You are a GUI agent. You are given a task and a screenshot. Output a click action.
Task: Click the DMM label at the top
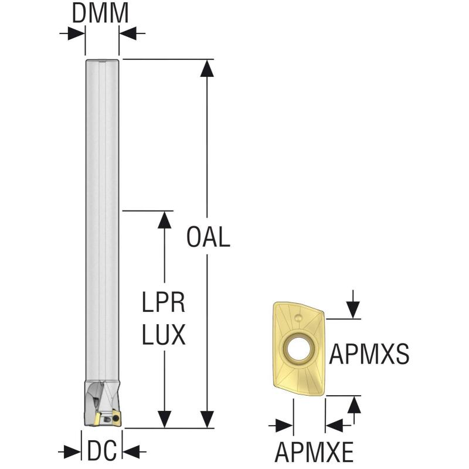[x=100, y=14]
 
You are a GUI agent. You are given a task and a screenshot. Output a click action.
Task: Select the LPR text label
[x=164, y=303]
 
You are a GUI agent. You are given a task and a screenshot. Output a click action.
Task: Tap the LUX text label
[x=164, y=335]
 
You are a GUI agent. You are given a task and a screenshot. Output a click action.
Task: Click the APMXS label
[x=369, y=354]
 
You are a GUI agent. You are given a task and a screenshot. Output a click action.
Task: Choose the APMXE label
[x=314, y=452]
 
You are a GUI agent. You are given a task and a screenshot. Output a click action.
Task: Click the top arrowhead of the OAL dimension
[x=206, y=68]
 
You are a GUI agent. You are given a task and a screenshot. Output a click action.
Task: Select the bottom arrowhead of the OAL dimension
[x=206, y=420]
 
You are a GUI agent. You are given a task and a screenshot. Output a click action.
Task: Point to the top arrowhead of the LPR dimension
[x=164, y=219]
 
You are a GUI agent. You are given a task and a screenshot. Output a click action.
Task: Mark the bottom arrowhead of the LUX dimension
[x=164, y=420]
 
